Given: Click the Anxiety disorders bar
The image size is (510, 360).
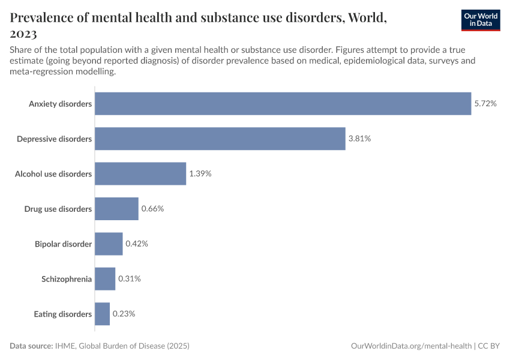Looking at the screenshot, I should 283,104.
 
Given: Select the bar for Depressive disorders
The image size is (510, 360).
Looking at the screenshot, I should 220,139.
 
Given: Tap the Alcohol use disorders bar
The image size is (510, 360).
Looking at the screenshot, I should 140,174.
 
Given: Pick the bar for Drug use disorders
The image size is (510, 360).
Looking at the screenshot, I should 116,209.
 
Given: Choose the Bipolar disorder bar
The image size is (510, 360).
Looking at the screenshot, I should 109,244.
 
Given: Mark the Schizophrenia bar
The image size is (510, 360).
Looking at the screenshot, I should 105,279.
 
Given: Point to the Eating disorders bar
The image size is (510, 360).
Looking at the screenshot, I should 103,314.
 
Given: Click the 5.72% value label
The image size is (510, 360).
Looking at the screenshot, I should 485,104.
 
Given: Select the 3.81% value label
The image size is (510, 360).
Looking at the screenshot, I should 359,139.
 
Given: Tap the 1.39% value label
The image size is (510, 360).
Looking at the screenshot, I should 200,174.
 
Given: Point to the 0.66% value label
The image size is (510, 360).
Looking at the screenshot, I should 152,209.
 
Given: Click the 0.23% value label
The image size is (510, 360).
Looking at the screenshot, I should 124,314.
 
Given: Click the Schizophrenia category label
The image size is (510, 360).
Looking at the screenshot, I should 67,279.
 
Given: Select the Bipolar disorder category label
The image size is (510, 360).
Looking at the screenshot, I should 64,244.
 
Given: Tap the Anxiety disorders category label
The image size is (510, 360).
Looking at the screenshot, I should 61,104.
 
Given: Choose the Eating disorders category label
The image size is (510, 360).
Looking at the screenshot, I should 63,314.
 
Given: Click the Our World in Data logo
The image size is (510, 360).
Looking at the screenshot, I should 481,20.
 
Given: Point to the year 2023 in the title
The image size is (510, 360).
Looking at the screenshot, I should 23,34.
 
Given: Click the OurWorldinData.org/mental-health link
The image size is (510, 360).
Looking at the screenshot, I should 411,346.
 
